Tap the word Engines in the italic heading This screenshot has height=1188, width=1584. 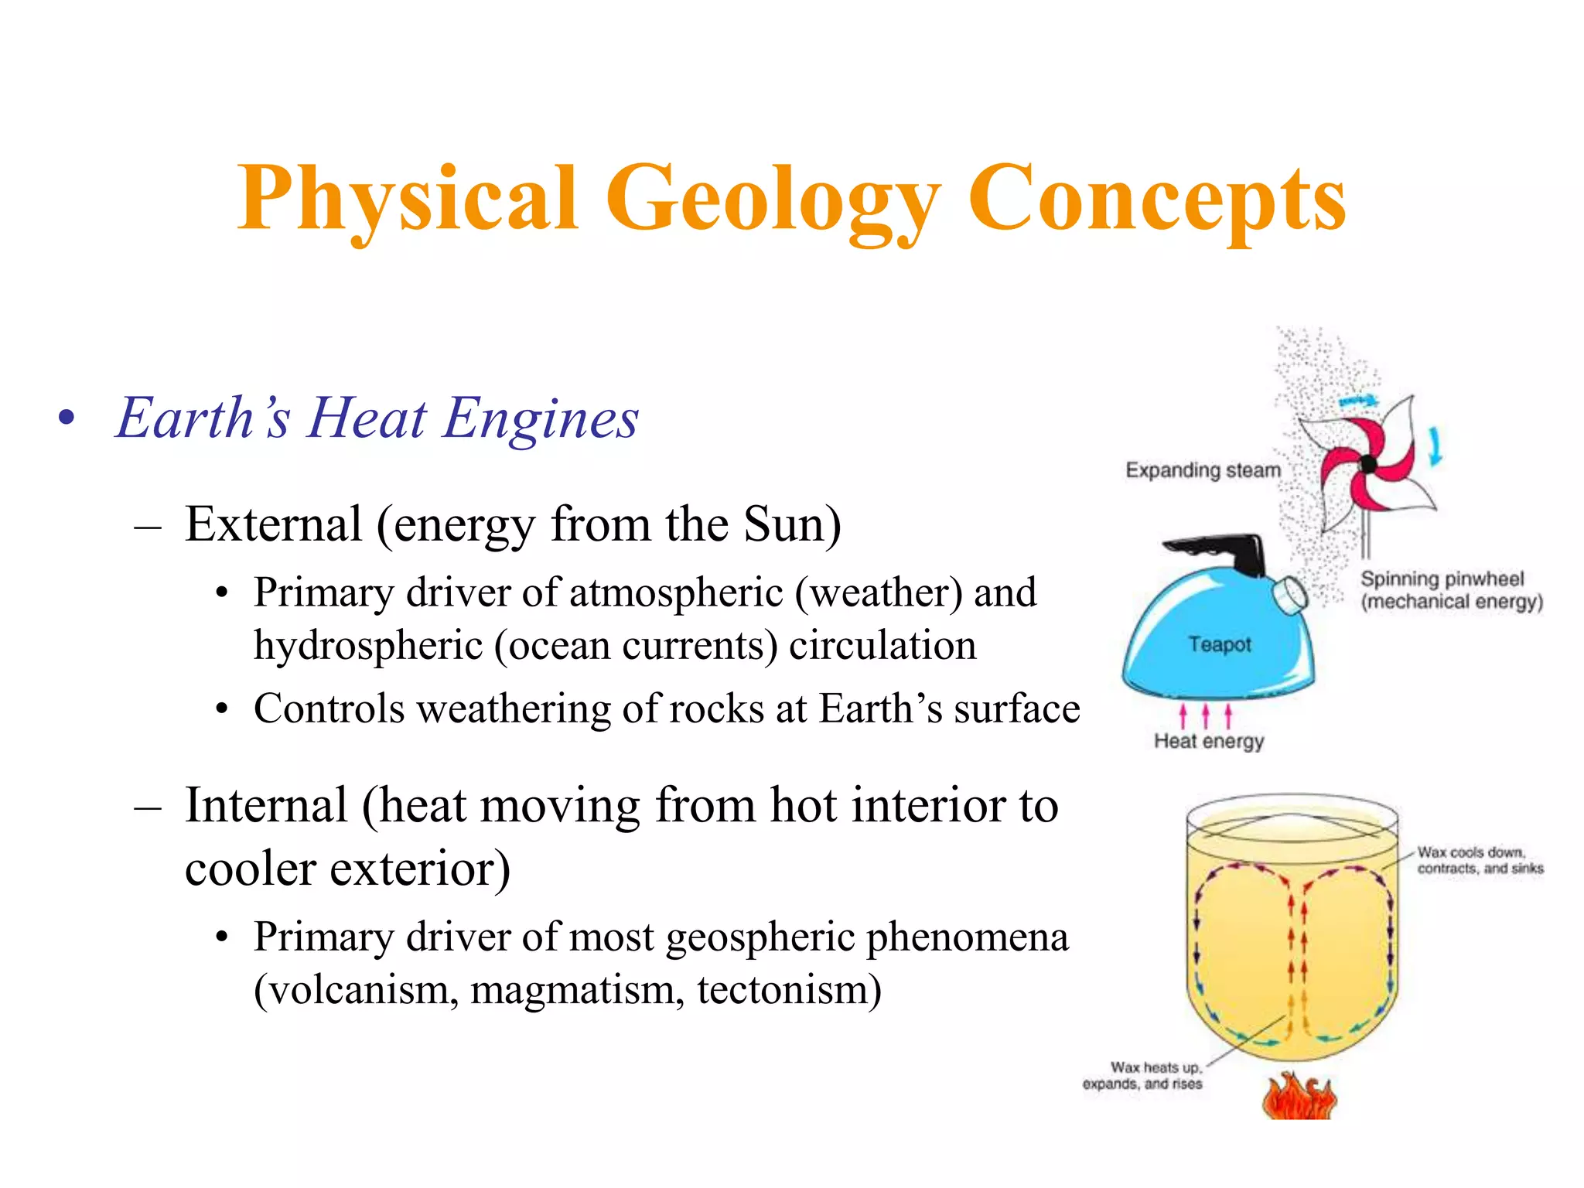pos(541,418)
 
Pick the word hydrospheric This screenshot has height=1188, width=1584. pos(368,646)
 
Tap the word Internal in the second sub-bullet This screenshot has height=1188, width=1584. pos(266,805)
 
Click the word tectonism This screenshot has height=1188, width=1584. pos(788,989)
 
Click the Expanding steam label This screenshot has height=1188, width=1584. pos(1203,470)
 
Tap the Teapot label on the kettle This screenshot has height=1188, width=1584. pos(1220,644)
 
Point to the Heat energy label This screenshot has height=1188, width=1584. pos(1209,741)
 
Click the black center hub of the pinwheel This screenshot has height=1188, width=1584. pos(1367,464)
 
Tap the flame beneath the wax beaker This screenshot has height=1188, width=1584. pos(1299,1097)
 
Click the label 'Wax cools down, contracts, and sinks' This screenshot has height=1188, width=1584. pos(1480,860)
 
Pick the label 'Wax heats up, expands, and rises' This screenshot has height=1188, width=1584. pos(1143,1076)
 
